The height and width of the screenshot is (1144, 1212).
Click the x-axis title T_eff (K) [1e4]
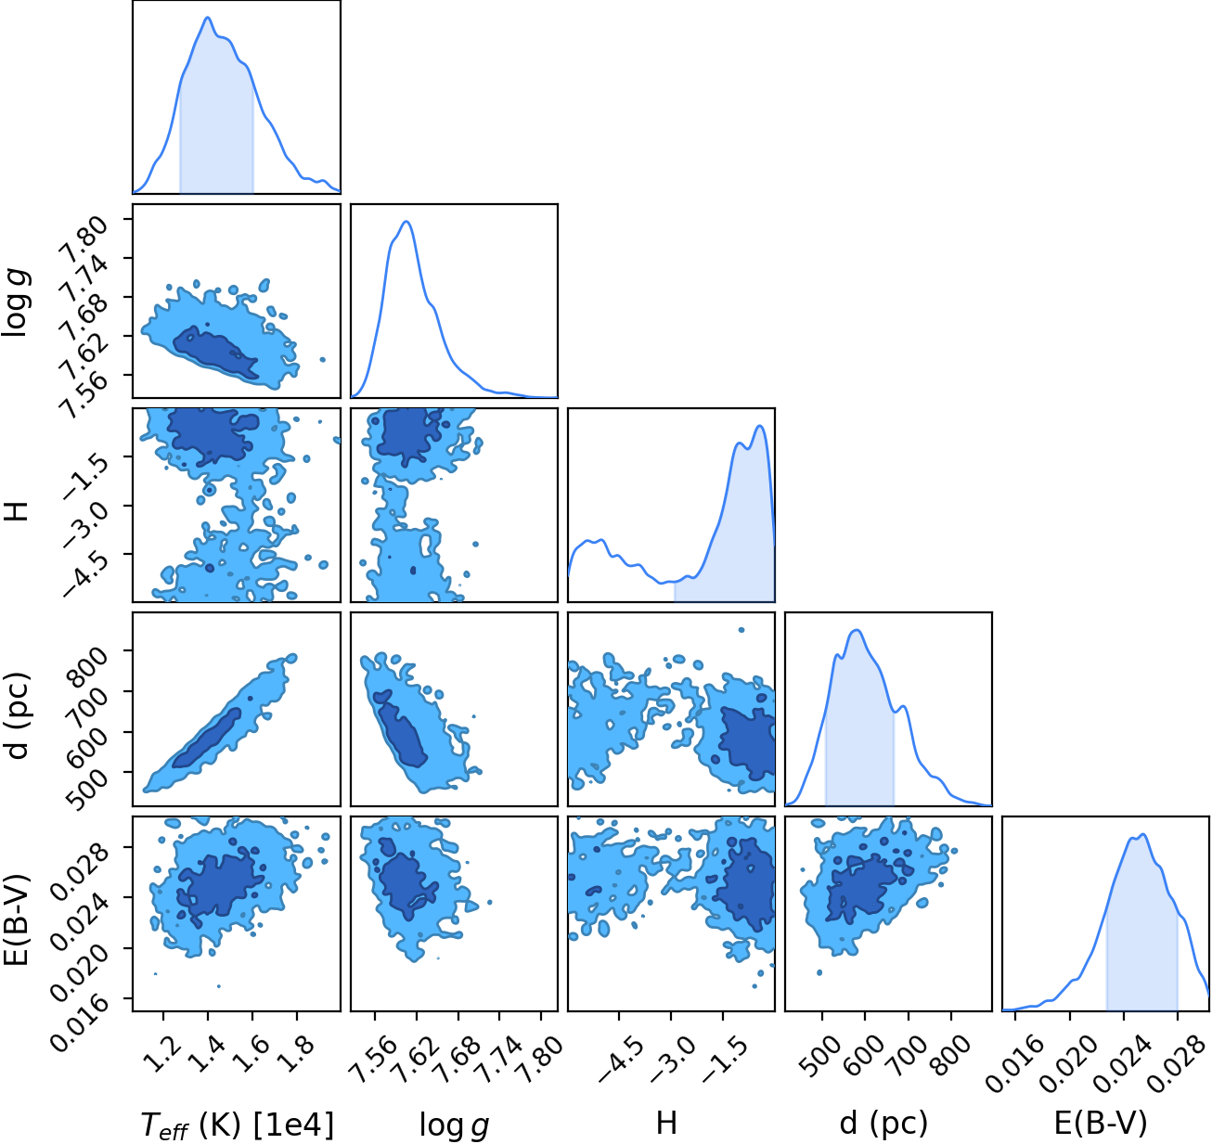point(238,1124)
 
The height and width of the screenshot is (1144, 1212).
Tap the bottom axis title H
point(666,1123)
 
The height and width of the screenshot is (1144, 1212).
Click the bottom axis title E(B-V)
point(1101,1124)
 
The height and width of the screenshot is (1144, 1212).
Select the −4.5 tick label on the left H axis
point(85,576)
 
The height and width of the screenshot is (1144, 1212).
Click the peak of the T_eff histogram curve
point(208,17)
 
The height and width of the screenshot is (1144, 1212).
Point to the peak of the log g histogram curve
point(406,222)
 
